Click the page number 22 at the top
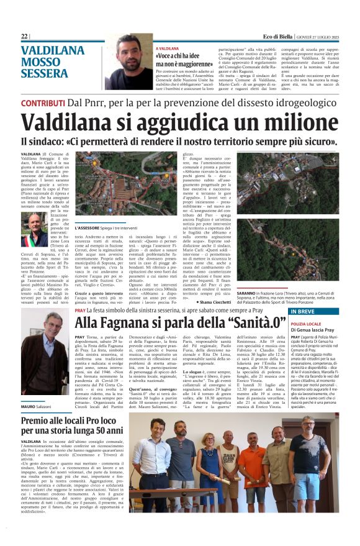coord(24,37)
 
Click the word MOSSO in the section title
coord(41,63)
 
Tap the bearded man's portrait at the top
coord(128,62)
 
